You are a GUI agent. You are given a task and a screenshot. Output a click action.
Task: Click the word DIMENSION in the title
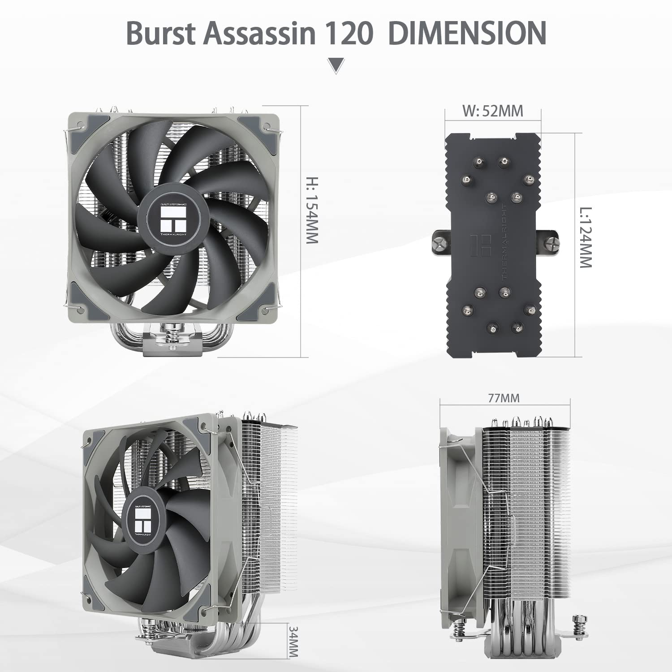tap(467, 33)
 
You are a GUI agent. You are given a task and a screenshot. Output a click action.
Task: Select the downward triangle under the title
tap(336, 65)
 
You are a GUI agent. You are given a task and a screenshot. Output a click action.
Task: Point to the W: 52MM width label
tap(493, 111)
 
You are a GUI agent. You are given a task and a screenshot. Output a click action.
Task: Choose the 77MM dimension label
tap(504, 397)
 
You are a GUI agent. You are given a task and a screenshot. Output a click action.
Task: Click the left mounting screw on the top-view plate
tap(439, 244)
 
